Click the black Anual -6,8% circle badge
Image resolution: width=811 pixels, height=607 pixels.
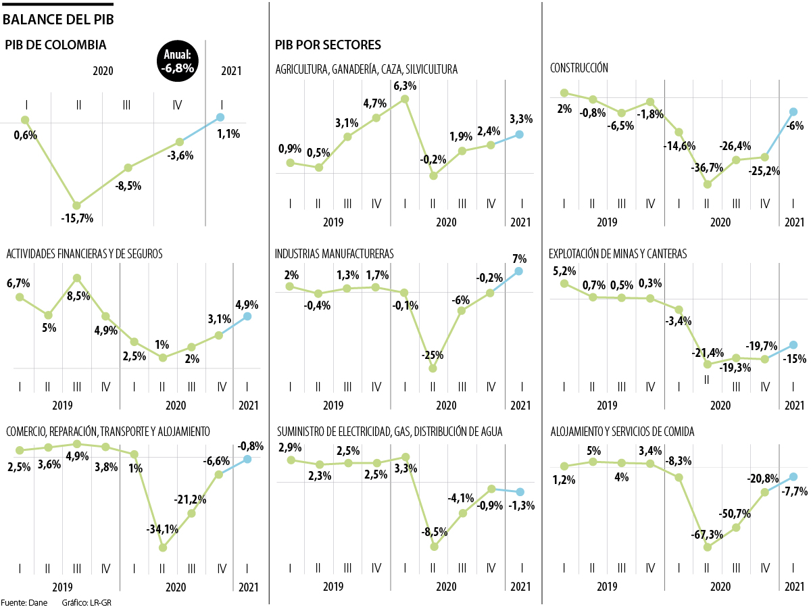[178, 61]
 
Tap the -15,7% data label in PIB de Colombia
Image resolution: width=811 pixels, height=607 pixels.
[77, 218]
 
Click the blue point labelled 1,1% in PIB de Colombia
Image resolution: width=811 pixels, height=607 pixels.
[220, 117]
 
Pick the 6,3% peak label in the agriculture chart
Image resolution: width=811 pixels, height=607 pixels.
[404, 86]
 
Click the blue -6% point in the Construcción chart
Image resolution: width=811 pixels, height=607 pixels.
[794, 112]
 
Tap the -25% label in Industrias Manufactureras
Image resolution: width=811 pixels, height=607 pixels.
[432, 354]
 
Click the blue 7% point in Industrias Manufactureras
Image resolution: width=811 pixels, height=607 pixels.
[519, 271]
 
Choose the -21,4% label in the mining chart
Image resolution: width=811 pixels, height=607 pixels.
[707, 352]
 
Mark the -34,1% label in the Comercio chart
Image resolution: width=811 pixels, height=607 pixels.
[163, 529]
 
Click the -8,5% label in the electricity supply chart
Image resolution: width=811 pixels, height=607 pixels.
[434, 532]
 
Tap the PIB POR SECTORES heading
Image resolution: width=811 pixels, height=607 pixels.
[328, 45]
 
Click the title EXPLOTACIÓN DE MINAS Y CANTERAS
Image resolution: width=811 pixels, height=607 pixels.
[618, 254]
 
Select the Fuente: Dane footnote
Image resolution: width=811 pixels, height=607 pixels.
[24, 602]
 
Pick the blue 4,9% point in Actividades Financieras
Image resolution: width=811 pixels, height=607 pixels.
[247, 316]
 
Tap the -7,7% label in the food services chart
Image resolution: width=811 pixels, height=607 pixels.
[794, 491]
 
